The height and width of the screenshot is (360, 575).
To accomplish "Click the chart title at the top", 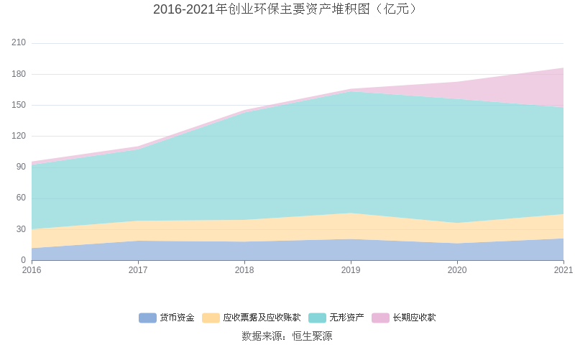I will pyautogui.click(x=287, y=9).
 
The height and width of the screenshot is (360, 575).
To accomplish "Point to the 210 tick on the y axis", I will pyautogui.click(x=19, y=43).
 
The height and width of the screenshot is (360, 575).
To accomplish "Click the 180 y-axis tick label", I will pyautogui.click(x=19, y=74).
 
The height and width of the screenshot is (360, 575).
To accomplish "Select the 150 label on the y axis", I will pyautogui.click(x=19, y=105).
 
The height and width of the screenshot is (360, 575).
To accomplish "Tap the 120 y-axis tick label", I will pyautogui.click(x=19, y=136).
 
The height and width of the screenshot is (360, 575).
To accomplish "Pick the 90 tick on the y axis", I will pyautogui.click(x=21, y=167).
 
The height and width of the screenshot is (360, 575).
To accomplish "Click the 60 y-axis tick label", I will pyautogui.click(x=21, y=198).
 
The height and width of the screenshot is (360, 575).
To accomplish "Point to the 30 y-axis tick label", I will pyautogui.click(x=21, y=229).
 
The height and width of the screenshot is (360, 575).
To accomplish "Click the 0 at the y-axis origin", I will pyautogui.click(x=23, y=259).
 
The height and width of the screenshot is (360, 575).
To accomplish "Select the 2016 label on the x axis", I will pyautogui.click(x=32, y=270).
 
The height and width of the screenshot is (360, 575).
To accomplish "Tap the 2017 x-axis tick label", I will pyautogui.click(x=138, y=270).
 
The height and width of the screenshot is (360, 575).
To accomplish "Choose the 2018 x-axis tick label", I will pyautogui.click(x=244, y=270).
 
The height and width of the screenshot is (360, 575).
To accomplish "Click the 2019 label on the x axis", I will pyautogui.click(x=351, y=270).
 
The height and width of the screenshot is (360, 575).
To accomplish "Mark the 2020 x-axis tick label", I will pyautogui.click(x=457, y=270).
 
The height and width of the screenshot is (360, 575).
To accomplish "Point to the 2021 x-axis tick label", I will pyautogui.click(x=563, y=270).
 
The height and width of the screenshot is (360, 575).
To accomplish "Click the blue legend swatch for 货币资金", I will pyautogui.click(x=147, y=318).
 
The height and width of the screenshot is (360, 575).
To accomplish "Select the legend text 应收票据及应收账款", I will pyautogui.click(x=262, y=318).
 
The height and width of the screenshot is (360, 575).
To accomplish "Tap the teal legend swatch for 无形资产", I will pyautogui.click(x=317, y=318).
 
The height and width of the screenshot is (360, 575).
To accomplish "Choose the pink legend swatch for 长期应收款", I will pyautogui.click(x=380, y=318).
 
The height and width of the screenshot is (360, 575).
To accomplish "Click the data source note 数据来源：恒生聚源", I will pyautogui.click(x=287, y=336).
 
